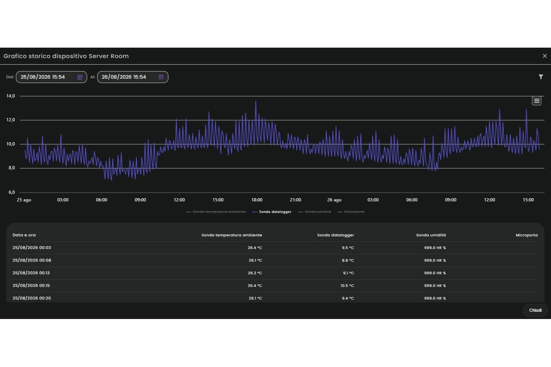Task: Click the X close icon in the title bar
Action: (544, 56)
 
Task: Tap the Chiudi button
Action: (535, 310)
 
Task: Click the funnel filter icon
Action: (541, 77)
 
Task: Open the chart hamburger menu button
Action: (537, 101)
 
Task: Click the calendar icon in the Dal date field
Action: (80, 77)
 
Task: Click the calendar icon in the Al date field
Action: (161, 77)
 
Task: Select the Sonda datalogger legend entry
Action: (272, 212)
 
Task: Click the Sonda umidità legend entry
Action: (314, 212)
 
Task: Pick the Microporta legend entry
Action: (351, 212)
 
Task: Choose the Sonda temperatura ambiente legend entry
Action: (216, 212)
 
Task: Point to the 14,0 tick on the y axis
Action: (10, 96)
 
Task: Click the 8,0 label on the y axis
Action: (12, 168)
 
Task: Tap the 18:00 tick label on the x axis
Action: (257, 200)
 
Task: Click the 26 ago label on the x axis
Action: (334, 200)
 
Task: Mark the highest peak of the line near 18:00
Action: (255, 101)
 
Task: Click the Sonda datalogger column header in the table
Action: (336, 235)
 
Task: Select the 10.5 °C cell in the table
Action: (347, 286)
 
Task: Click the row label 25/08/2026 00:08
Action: (32, 261)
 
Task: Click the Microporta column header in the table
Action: (527, 235)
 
